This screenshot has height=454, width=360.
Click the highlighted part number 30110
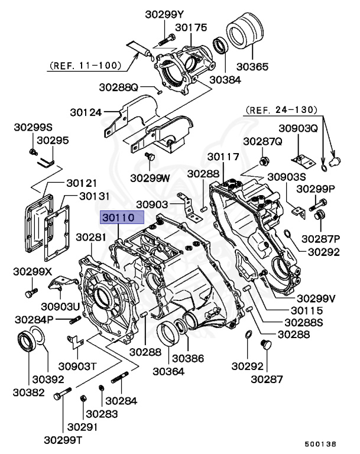[x=122, y=218]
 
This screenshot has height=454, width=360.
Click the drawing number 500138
[x=320, y=443]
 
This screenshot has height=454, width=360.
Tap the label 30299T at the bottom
[x=64, y=440]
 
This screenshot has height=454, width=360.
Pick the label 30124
[x=86, y=111]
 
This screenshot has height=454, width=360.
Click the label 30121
[x=82, y=183]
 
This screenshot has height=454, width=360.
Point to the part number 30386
[x=187, y=358]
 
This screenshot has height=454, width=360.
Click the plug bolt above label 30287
[x=265, y=345]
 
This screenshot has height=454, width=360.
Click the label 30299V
[x=316, y=297]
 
